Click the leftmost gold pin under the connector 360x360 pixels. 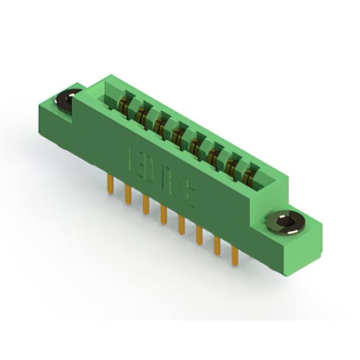tap(110, 183)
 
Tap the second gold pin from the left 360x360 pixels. tap(128, 193)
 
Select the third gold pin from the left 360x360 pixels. tap(146, 203)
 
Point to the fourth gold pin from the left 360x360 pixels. tap(164, 214)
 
